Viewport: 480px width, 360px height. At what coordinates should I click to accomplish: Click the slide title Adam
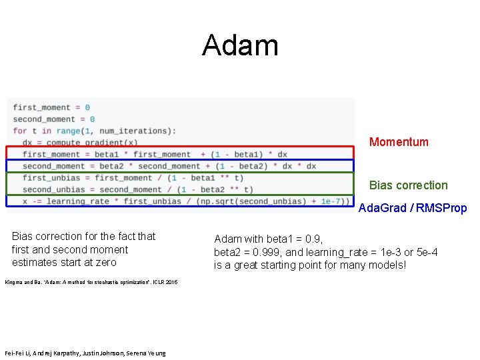coord(240,45)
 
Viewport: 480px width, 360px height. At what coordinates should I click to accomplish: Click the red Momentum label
coord(399,141)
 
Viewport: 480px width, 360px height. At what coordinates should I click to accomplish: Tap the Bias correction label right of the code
coord(408,185)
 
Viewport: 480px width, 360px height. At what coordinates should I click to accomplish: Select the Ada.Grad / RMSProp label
coord(413,208)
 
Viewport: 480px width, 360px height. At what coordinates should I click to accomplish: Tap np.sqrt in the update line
coord(221,201)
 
